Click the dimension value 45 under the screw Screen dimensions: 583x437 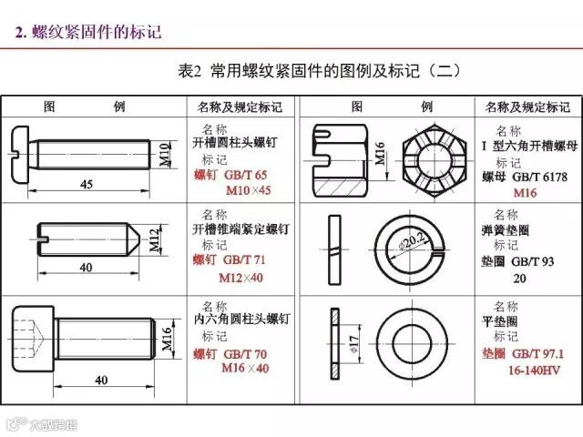87,184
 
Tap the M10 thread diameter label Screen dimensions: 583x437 165,154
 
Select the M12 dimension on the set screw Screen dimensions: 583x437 156,239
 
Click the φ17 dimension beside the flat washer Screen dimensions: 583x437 354,344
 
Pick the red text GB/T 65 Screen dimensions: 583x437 246,175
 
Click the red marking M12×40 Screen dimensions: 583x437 240,278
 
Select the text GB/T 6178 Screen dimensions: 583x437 540,177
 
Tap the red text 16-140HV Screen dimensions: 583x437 534,371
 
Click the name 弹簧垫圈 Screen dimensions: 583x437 505,230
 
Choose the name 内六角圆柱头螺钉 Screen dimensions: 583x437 242,319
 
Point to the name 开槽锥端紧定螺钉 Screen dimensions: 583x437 240,229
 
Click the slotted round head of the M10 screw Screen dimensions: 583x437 20,154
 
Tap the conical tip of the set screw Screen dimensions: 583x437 134,239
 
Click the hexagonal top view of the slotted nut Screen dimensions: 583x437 435,161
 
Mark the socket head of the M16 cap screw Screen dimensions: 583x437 34,339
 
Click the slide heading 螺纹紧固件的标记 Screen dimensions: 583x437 97,32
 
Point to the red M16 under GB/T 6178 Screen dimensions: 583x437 525,192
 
